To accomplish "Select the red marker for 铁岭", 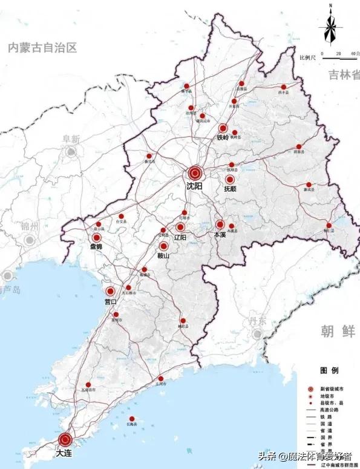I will point(223,128).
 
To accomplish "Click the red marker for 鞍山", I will point(164,246).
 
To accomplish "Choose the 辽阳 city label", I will point(180,237).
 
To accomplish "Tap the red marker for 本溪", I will point(220,224).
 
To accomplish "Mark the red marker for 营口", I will point(110,291).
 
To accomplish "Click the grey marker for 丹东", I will point(258,334).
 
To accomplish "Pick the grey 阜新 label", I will point(71,139).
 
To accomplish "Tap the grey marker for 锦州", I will point(28,240).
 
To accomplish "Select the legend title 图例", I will point(329,369).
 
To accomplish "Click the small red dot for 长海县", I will point(131,419).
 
